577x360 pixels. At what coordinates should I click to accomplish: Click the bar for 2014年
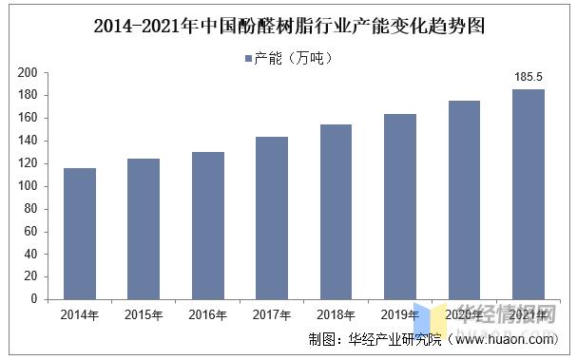click(80, 234)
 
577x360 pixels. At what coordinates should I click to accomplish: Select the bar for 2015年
click(144, 229)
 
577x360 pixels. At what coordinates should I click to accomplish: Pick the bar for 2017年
click(272, 218)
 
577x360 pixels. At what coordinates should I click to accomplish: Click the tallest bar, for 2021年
click(529, 194)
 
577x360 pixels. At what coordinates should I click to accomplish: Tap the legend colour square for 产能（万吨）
click(248, 59)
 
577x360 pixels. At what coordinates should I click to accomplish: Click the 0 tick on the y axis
click(33, 299)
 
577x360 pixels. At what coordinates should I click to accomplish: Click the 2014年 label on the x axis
click(80, 313)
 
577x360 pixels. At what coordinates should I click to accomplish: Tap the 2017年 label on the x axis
click(272, 313)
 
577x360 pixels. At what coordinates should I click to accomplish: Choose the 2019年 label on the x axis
click(400, 313)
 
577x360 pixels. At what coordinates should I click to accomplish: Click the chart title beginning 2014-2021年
click(288, 27)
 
